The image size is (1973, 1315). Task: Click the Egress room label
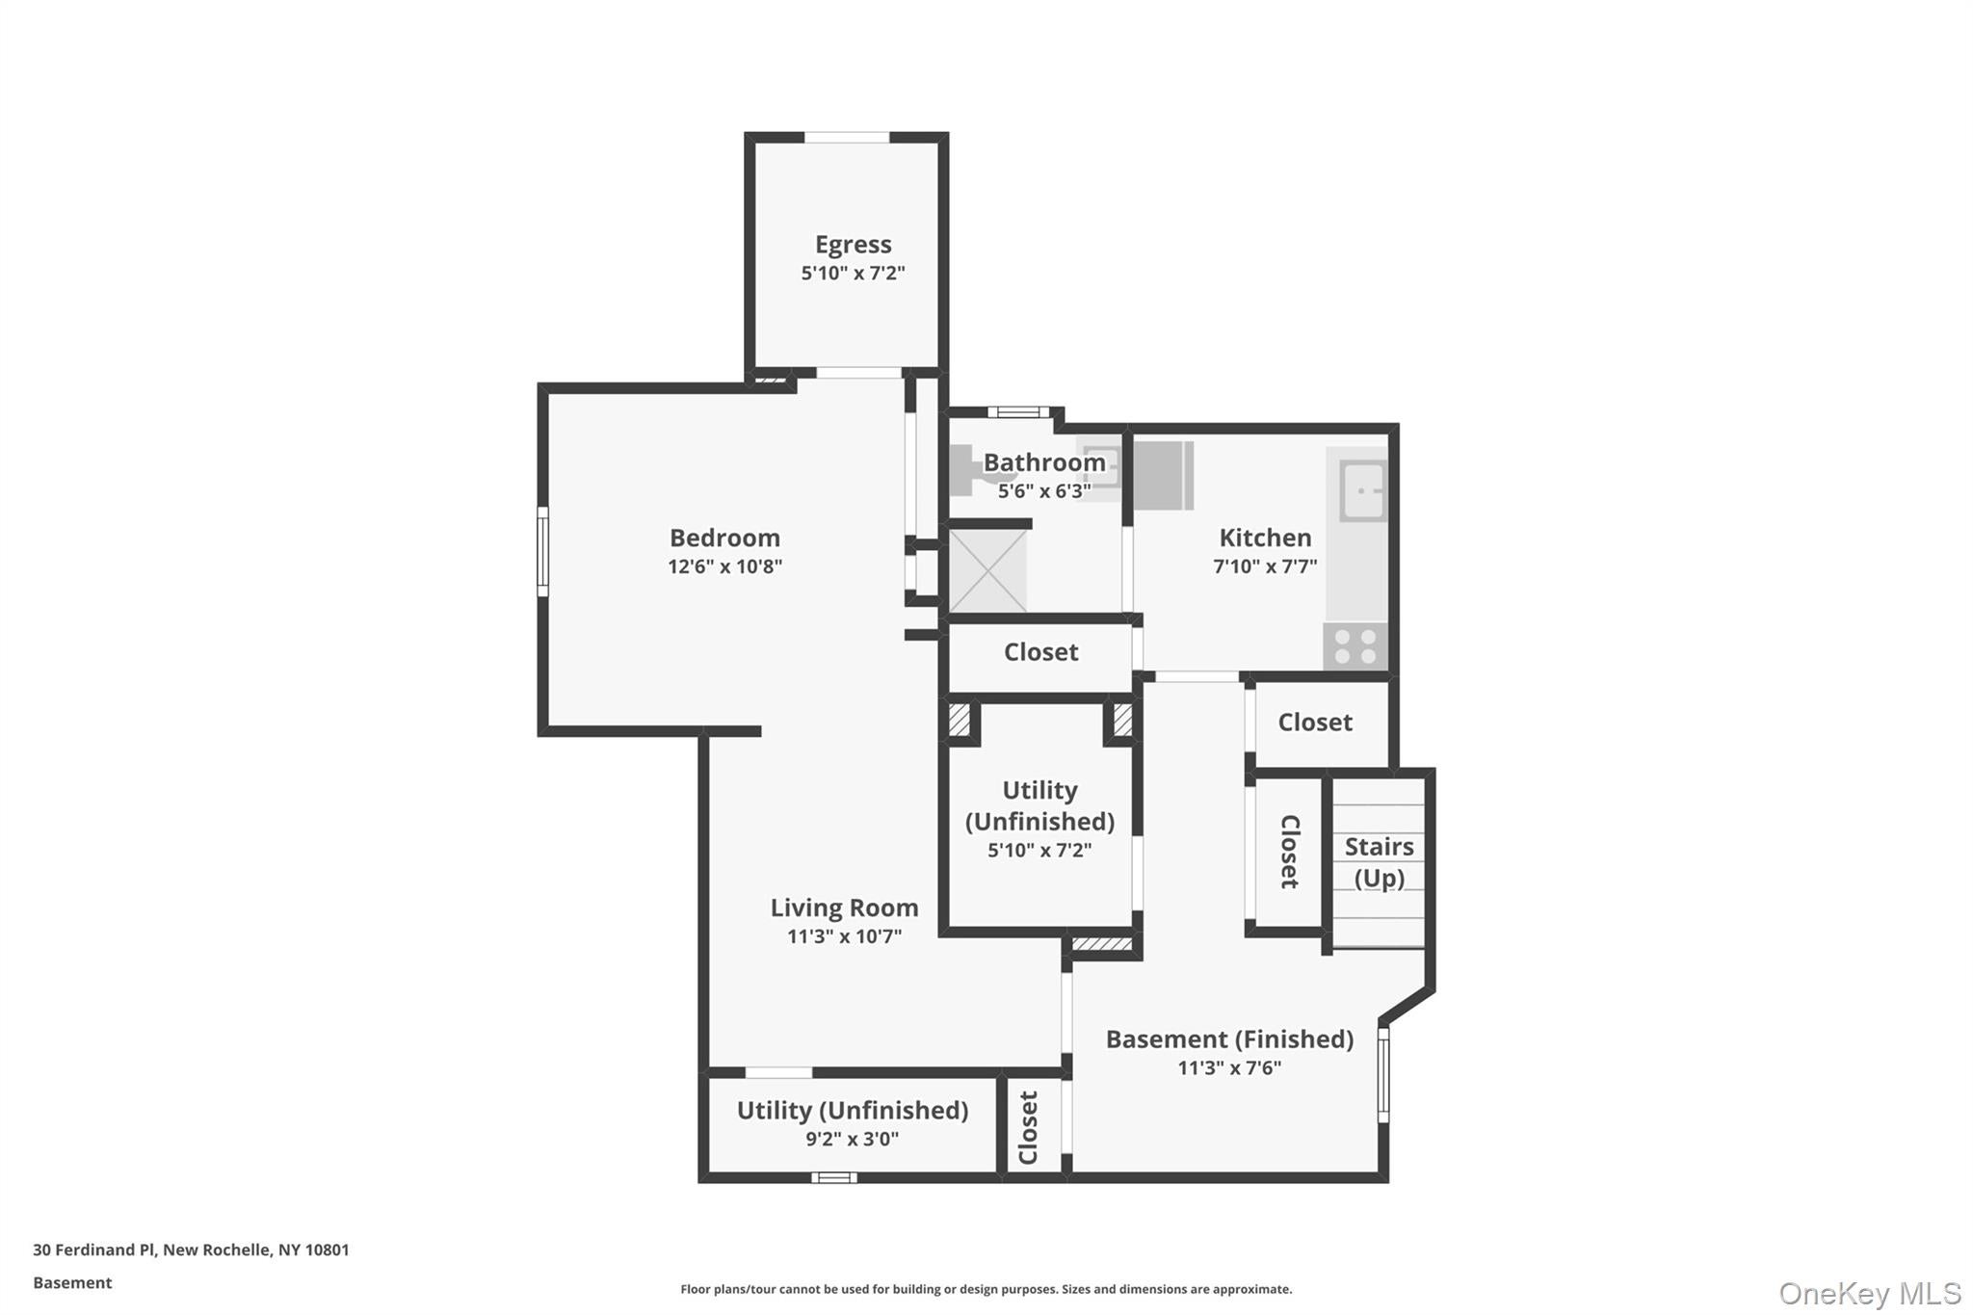tap(853, 245)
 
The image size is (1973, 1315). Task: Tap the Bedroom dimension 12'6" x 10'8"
tap(724, 566)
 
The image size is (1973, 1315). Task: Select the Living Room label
tap(844, 907)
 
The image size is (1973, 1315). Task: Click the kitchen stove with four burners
tap(1355, 646)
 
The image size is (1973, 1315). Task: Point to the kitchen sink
tap(1362, 490)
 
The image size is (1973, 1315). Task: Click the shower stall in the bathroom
tap(987, 570)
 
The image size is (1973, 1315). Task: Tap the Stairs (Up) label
tap(1379, 861)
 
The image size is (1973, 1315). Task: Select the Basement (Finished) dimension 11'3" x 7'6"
tap(1229, 1067)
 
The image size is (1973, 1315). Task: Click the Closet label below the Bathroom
tap(1040, 652)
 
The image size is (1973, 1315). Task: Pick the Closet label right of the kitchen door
tap(1314, 723)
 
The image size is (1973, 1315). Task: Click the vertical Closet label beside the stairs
tap(1289, 852)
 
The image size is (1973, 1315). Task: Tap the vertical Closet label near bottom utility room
tap(1029, 1127)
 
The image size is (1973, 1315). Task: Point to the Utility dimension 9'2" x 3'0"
tap(852, 1139)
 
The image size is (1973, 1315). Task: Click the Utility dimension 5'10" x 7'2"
tap(1039, 850)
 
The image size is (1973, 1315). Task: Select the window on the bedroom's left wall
tap(542, 551)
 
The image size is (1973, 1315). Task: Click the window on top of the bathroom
tap(1017, 412)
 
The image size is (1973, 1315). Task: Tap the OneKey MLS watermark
tap(1869, 1293)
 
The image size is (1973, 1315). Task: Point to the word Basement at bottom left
tap(72, 1282)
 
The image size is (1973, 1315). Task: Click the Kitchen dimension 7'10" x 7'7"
tap(1264, 566)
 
